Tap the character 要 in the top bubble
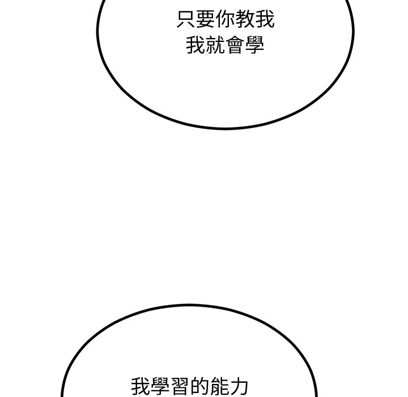click(x=206, y=19)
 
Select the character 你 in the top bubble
click(x=226, y=19)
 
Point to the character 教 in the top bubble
click(x=245, y=19)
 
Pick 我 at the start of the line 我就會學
click(x=195, y=45)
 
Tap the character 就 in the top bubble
click(x=215, y=45)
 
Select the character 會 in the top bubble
click(x=235, y=45)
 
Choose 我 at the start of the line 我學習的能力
click(x=141, y=387)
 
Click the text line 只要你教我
click(x=226, y=19)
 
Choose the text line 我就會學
click(x=226, y=45)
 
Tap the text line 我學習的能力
click(x=190, y=387)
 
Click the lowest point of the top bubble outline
click(x=226, y=128)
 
